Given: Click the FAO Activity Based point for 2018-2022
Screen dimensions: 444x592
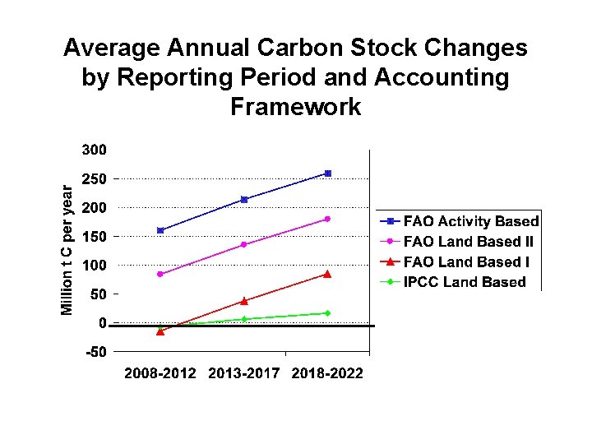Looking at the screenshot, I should (x=327, y=173).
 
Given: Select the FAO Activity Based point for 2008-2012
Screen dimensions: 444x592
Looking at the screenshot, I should (x=160, y=230).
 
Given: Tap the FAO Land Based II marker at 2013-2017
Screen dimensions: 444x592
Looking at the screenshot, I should (x=244, y=244).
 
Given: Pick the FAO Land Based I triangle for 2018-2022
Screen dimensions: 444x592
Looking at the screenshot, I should (x=327, y=274).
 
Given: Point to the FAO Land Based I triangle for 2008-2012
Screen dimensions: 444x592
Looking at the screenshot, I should (x=160, y=331).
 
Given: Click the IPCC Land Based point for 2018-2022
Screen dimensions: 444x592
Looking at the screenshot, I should (x=327, y=313).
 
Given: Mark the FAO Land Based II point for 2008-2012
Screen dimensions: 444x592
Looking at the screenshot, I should (x=160, y=274).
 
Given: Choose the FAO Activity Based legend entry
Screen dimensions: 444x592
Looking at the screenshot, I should (x=460, y=221).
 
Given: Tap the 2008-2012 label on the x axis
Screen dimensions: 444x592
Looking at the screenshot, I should (x=160, y=374).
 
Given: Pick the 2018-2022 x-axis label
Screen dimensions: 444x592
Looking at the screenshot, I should (x=327, y=374).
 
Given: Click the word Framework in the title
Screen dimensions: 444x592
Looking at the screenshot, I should (x=296, y=107).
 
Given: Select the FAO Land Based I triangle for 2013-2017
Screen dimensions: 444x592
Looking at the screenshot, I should (x=244, y=301).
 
